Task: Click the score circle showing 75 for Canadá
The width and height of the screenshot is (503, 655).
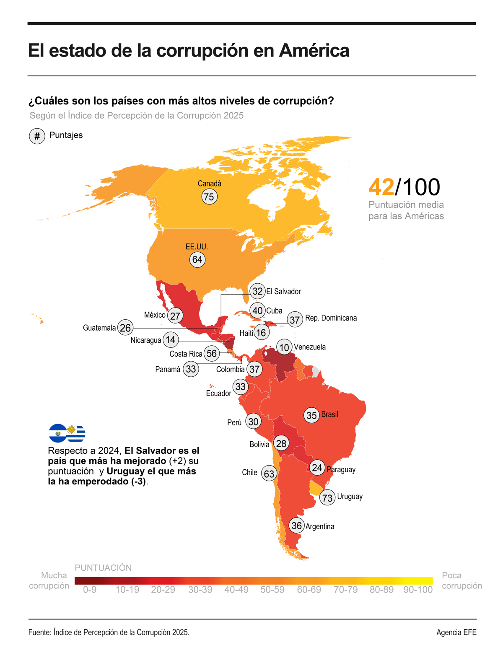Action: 209,197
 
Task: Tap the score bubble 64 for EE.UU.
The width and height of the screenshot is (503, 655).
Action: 197,259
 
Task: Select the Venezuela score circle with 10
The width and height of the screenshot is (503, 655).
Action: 284,347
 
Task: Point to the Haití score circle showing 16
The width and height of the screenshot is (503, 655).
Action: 261,333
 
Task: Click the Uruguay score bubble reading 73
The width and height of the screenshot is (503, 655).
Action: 327,498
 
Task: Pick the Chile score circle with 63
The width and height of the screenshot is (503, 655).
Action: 269,474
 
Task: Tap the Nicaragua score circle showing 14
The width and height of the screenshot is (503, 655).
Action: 170,340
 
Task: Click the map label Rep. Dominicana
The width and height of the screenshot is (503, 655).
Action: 331,318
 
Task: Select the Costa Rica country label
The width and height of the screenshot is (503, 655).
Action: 186,354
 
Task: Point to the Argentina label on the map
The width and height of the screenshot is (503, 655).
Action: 320,526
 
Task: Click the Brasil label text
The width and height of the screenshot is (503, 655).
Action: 329,414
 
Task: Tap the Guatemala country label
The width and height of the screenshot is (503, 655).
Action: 99,328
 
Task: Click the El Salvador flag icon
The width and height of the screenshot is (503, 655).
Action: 57,433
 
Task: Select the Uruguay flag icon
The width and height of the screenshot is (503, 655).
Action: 76,433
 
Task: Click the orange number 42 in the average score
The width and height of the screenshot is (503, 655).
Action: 381,187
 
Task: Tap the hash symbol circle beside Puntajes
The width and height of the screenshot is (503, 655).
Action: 37,136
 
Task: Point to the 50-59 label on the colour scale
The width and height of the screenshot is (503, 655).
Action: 272,590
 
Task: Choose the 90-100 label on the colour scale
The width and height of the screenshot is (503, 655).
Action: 417,590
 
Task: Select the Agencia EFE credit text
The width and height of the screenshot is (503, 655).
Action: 456,632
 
